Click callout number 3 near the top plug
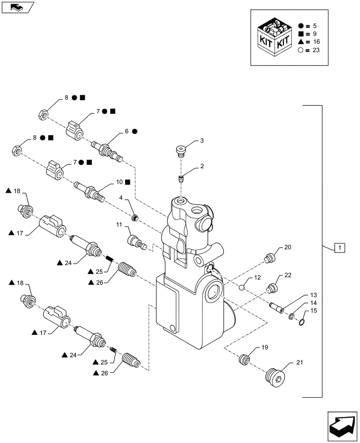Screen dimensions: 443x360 [202, 141]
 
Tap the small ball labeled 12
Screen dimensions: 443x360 [242, 288]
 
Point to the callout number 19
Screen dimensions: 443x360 [264, 348]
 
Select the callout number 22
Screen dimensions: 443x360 [288, 275]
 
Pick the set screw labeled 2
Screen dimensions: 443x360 [180, 179]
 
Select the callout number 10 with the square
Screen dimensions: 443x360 [119, 182]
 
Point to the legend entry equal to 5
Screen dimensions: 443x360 [310, 26]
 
